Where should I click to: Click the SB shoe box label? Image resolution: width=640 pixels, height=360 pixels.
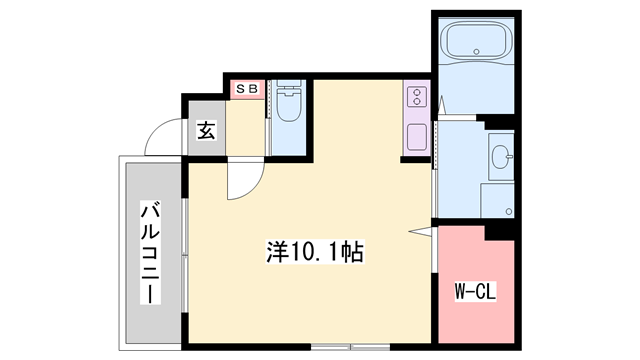[x=247, y=89]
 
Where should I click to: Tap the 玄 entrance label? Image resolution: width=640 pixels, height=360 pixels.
[x=206, y=130]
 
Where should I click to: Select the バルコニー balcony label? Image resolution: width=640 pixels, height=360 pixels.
[x=150, y=252]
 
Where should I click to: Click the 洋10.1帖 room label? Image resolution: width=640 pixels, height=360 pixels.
[x=315, y=252]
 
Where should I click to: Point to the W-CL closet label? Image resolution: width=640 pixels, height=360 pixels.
[x=476, y=291]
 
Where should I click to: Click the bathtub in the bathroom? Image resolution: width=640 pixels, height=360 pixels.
[x=476, y=40]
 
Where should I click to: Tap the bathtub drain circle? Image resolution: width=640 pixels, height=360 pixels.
[x=476, y=51]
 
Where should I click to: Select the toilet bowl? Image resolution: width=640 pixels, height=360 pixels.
[x=289, y=107]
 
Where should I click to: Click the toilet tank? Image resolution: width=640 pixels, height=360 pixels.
[x=289, y=86]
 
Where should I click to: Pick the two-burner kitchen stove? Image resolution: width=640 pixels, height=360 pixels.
[x=417, y=97]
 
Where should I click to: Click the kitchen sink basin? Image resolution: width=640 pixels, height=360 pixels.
[x=417, y=137]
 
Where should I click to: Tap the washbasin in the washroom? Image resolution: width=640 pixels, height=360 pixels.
[x=501, y=157]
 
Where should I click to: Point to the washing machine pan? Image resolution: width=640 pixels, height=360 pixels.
[x=497, y=200]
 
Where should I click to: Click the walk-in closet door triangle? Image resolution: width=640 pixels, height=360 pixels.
[x=420, y=232]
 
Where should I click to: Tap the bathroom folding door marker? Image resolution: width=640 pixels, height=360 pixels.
[x=442, y=105]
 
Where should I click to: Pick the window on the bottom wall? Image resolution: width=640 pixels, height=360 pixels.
[x=351, y=347]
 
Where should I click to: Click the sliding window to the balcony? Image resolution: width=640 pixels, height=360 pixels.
[x=185, y=256]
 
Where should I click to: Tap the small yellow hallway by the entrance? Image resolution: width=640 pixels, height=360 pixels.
[x=245, y=128]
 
